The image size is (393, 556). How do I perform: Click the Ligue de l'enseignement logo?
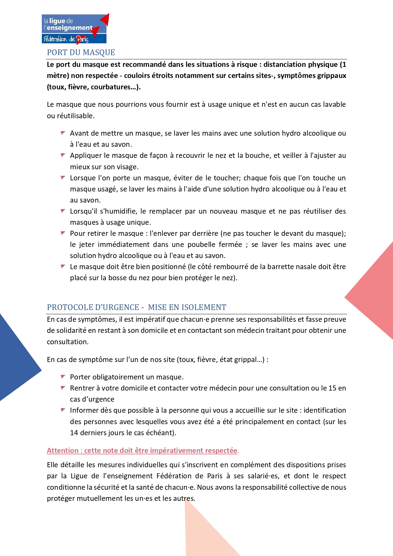(x=75, y=29)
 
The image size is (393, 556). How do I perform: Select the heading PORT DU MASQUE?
(x=81, y=53)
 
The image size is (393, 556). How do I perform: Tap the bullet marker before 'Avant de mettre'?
(x=63, y=133)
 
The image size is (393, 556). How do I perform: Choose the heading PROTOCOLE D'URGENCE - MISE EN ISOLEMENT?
(x=136, y=307)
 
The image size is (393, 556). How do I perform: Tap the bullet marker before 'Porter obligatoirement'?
(x=63, y=377)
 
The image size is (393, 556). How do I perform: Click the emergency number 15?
(x=332, y=388)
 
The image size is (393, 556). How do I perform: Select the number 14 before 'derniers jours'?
(x=74, y=433)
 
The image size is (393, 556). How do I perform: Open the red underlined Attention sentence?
(x=142, y=451)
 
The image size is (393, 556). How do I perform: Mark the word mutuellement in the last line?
(x=95, y=499)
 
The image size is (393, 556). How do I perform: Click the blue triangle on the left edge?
(x=16, y=358)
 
